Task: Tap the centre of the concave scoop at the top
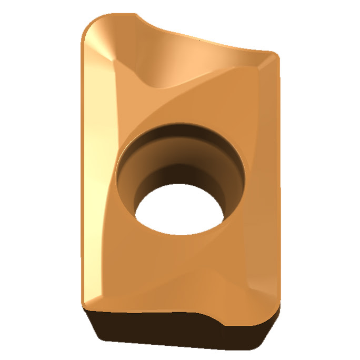pos(174,58)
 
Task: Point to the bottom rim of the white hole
pos(179,235)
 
